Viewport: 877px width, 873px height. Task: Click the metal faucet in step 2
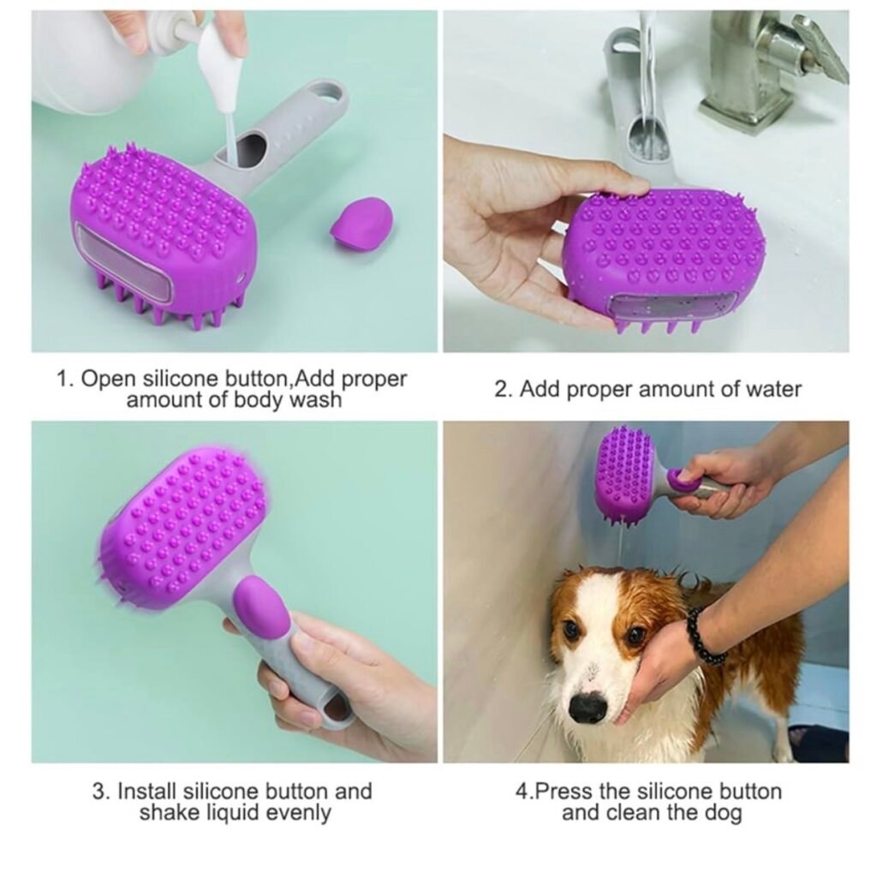[x=775, y=62]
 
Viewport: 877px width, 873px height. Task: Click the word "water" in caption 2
[x=773, y=389]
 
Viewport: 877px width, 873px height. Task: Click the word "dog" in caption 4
[x=722, y=812]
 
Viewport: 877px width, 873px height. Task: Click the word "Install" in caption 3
[x=146, y=792]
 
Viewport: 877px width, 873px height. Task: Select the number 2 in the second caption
[x=501, y=389]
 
